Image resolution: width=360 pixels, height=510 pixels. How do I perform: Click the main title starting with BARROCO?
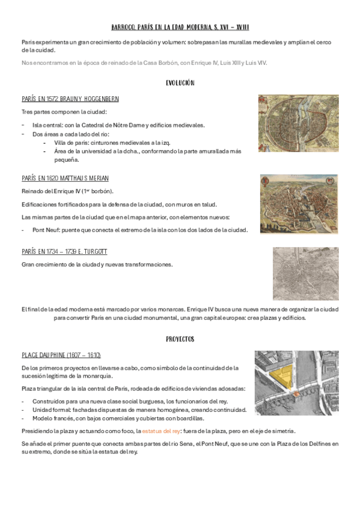pos(180,28)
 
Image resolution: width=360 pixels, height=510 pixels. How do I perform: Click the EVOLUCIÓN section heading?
pos(180,82)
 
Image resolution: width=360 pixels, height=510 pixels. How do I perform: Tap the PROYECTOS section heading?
pos(180,339)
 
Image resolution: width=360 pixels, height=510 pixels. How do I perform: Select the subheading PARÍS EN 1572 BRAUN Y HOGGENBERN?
pos(70,98)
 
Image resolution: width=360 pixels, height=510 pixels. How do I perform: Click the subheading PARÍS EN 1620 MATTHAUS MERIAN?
pos(65,179)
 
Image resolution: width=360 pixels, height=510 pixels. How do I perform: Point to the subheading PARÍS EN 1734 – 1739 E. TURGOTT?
pos(64,251)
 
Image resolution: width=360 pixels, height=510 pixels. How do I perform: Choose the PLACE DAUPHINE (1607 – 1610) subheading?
pos(61,355)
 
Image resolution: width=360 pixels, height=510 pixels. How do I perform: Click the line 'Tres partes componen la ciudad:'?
pos(64,112)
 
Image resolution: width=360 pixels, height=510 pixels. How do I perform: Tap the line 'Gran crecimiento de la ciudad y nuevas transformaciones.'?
pos(97,264)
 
